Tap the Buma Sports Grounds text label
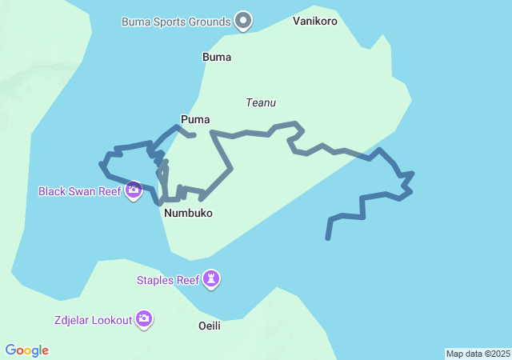[176, 22]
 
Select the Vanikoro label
[314, 21]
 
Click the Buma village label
[217, 58]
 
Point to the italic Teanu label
[261, 102]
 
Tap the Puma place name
[195, 120]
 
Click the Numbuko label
[188, 214]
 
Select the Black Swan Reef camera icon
[134, 191]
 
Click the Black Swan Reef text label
[79, 192]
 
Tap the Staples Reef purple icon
[212, 279]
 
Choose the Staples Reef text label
[167, 280]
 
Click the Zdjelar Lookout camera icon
[144, 320]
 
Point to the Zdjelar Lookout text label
[94, 321]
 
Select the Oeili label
[210, 326]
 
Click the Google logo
[26, 350]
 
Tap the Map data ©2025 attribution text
[477, 354]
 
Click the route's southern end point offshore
[327, 238]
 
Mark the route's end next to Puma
[194, 135]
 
